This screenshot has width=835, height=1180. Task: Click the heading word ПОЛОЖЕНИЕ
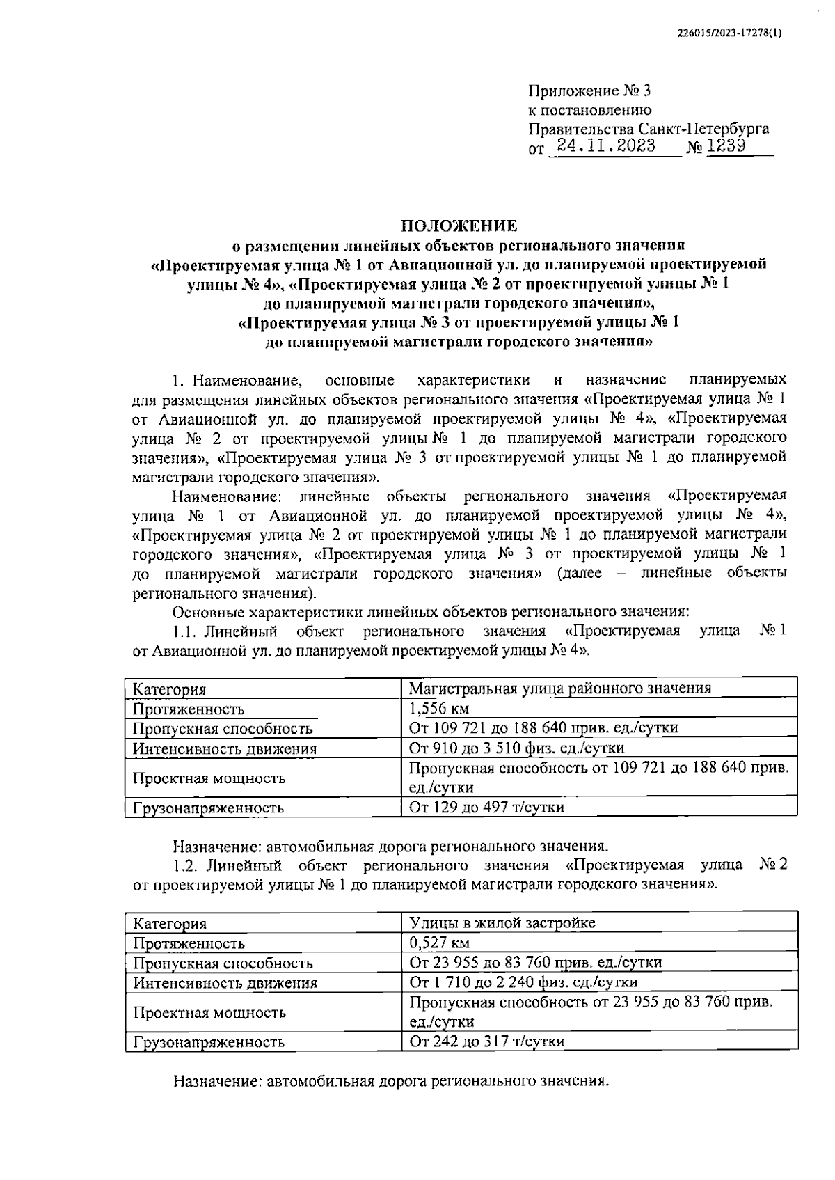click(x=459, y=226)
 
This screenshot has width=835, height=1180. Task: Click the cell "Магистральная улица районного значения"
click(x=559, y=689)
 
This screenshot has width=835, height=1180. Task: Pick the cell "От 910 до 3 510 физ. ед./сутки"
click(x=516, y=748)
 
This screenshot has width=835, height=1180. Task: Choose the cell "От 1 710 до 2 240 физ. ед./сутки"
click(x=523, y=982)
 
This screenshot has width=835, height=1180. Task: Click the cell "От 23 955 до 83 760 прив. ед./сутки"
click(x=535, y=963)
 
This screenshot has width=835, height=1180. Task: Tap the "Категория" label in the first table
click(x=169, y=690)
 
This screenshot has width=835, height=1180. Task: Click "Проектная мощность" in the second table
click(x=209, y=1013)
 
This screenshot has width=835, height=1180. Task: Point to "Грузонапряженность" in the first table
click(x=208, y=808)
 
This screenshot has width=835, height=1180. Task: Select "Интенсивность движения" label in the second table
click(x=225, y=983)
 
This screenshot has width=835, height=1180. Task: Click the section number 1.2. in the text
click(x=186, y=865)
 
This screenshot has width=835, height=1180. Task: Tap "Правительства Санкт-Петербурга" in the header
click(x=649, y=129)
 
